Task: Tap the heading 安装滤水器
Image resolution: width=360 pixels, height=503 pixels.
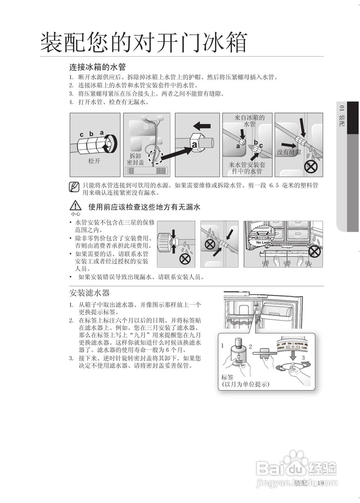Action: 89,293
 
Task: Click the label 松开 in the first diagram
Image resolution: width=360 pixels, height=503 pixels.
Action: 94,161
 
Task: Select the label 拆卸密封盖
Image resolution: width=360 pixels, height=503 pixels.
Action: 135,159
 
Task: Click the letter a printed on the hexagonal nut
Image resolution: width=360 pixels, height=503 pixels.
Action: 194,144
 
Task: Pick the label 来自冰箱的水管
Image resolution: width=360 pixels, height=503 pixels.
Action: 250,121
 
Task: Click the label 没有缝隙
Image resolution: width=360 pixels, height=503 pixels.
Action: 289,152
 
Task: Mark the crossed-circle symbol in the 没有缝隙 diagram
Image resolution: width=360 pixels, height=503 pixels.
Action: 311,167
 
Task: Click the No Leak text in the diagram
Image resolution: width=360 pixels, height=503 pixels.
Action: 263,242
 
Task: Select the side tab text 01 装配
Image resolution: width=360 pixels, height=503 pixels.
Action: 342,116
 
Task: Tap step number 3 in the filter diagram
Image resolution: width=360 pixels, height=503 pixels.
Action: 303,358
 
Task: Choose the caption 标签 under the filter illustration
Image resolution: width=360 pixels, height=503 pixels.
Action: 227,376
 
